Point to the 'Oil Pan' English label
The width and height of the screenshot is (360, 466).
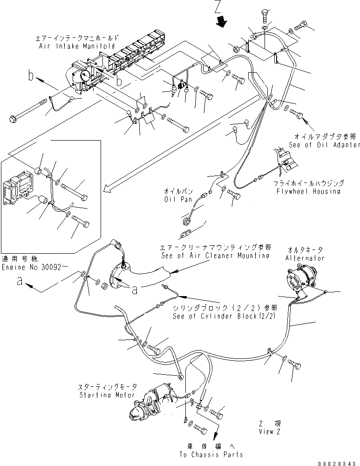click(175, 199)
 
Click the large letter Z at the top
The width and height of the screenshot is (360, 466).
click(218, 7)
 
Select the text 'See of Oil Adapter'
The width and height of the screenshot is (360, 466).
click(324, 145)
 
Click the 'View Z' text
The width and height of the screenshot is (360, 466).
click(270, 432)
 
